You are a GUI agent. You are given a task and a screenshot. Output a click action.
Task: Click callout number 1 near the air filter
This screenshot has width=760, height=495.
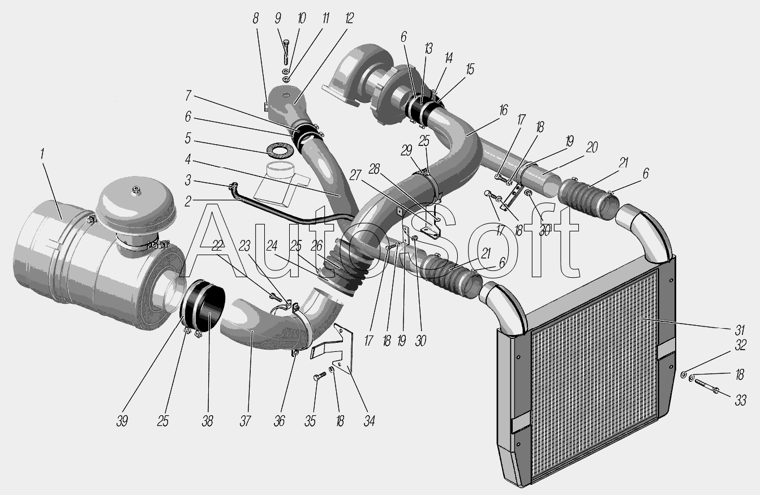click(42, 154)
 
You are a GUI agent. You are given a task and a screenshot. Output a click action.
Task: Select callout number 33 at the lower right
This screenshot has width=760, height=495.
click(741, 401)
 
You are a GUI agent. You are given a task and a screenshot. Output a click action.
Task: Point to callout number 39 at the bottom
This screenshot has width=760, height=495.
click(122, 421)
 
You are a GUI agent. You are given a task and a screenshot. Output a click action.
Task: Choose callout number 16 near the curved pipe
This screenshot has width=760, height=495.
click(503, 110)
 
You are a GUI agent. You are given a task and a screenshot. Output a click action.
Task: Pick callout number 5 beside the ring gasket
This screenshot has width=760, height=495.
click(188, 139)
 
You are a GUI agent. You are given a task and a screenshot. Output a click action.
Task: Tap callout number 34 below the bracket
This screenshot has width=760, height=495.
click(369, 421)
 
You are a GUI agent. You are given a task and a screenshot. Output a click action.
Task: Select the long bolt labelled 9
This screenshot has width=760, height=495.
click(286, 52)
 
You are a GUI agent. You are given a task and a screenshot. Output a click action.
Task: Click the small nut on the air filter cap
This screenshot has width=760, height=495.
click(136, 190)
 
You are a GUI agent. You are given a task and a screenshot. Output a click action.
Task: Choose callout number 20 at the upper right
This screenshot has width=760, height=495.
click(591, 148)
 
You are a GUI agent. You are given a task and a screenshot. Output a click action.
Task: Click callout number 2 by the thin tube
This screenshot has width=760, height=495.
click(188, 202)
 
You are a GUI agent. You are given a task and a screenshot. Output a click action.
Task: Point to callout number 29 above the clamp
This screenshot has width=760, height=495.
click(406, 150)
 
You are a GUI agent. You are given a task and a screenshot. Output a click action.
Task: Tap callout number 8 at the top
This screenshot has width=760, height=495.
click(255, 19)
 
